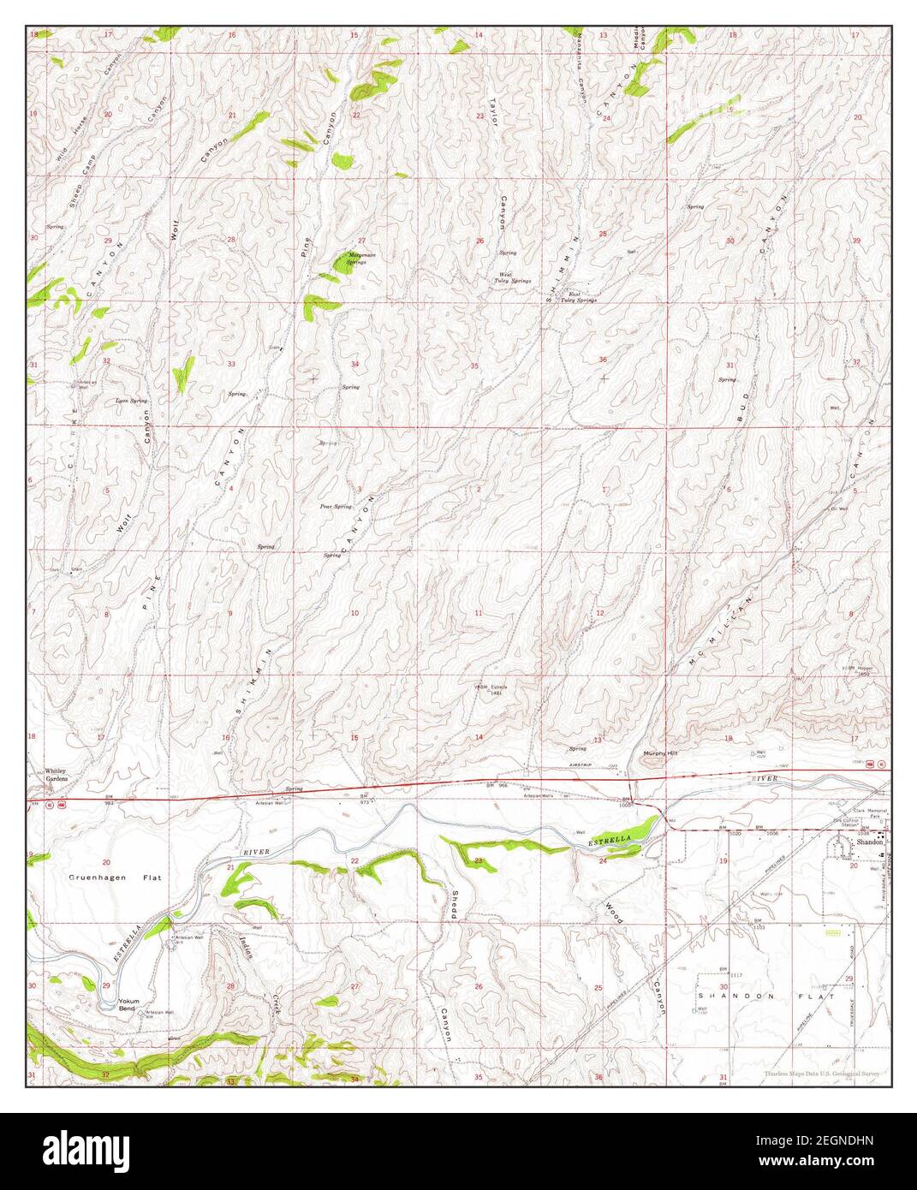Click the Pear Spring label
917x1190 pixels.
[336, 507]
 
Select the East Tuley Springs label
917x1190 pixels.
[579, 297]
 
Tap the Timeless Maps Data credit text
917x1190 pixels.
[820, 1074]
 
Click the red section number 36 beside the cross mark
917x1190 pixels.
[603, 360]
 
